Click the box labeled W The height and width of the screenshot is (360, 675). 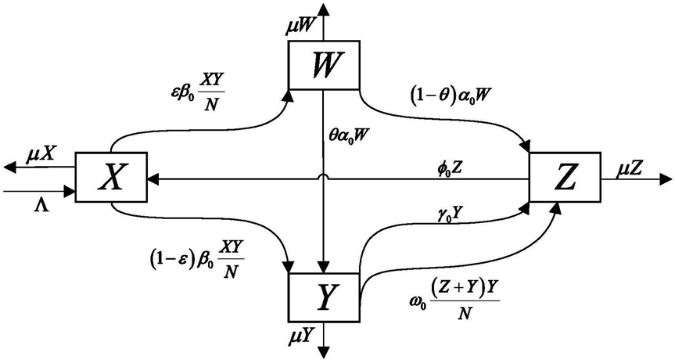point(324,65)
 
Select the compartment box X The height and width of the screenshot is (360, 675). point(111,177)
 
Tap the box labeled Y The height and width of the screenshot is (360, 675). point(324,297)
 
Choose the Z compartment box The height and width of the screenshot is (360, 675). point(565,177)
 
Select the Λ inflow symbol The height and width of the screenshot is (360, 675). point(41,206)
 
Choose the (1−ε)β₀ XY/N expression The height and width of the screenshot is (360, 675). point(196,259)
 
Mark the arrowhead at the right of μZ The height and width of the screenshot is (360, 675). point(666,179)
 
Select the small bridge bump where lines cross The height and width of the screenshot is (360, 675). point(323,177)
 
